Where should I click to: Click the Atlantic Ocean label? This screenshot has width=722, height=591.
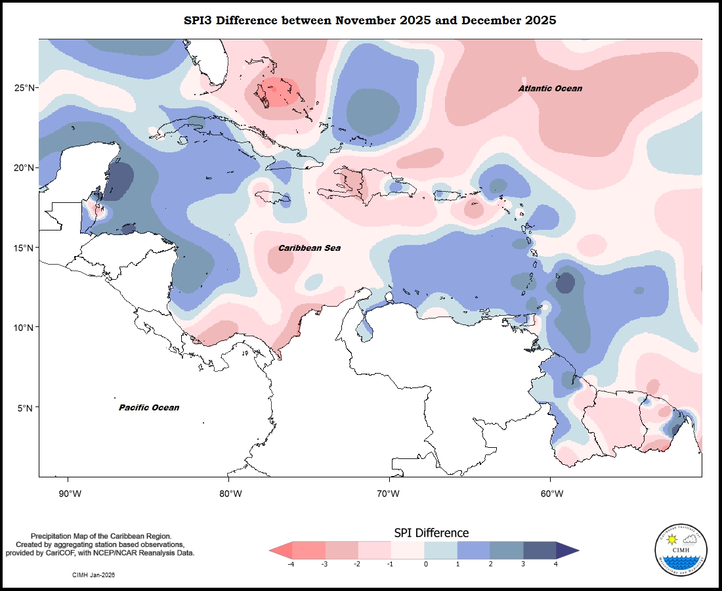coord(550,89)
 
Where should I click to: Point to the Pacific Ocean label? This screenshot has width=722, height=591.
coord(149,408)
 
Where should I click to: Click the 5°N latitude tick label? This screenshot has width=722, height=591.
coord(27,408)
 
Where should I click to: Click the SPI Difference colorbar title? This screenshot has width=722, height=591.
coord(431,533)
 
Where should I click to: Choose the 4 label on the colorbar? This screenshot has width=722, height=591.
coord(556,563)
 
